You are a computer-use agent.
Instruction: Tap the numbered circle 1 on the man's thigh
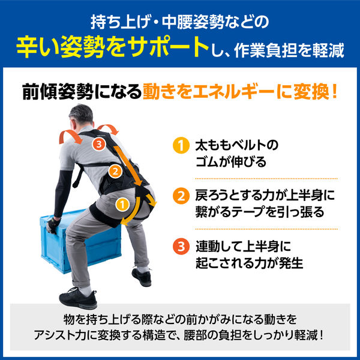pos(121,204)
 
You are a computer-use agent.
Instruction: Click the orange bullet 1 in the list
pos(178,146)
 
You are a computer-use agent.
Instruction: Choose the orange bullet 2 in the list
pos(178,196)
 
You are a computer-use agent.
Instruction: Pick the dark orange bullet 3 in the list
pos(178,246)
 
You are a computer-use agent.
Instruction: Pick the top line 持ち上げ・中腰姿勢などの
pos(180,21)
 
